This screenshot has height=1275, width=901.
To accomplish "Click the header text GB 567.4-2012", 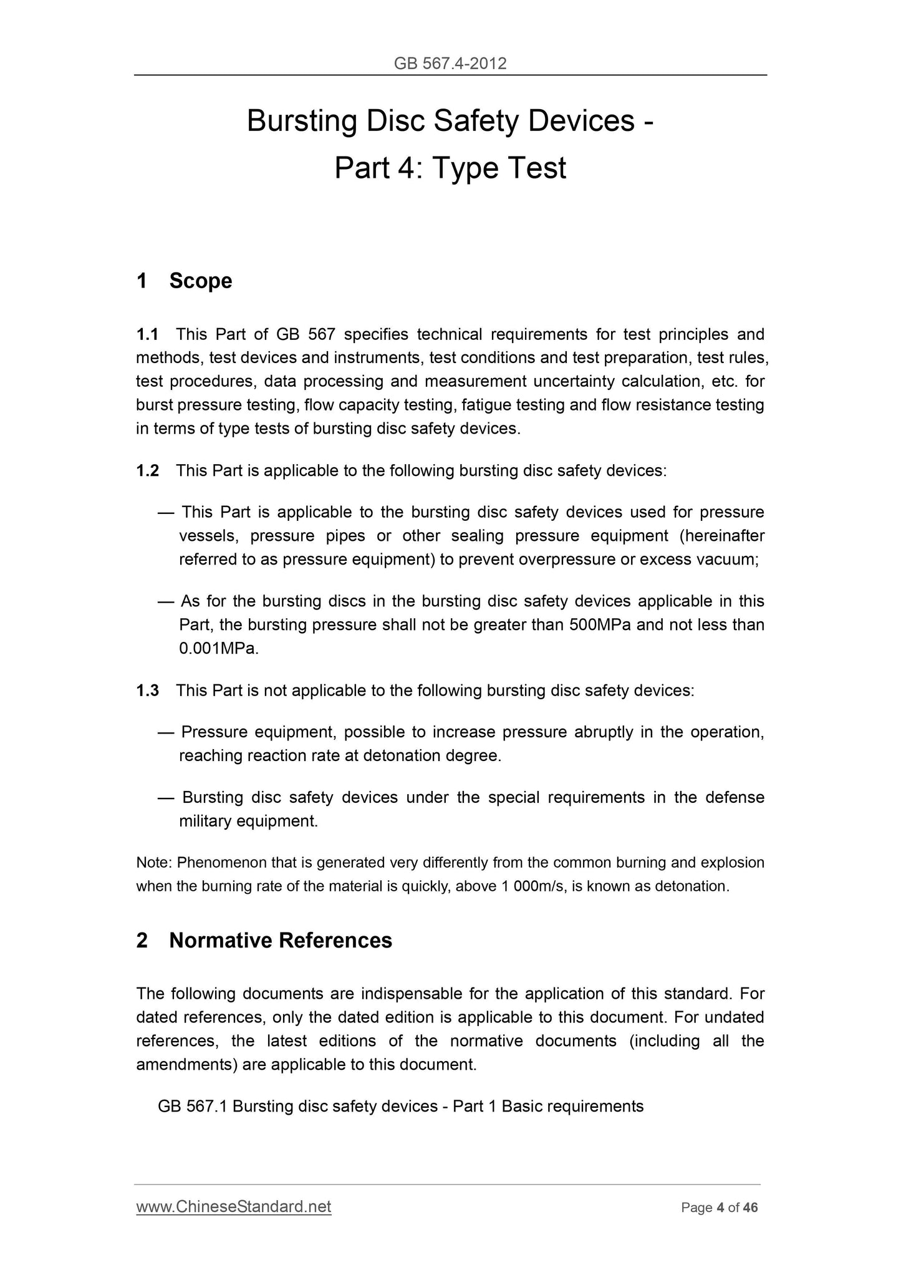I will click(450, 63).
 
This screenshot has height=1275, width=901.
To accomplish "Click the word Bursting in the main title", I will click(301, 121).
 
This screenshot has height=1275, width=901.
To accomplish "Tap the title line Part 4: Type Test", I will click(450, 168).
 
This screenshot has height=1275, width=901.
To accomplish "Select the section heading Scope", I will click(200, 281).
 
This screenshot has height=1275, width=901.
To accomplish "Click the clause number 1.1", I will click(148, 335).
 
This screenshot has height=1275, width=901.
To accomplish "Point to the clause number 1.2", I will click(148, 470).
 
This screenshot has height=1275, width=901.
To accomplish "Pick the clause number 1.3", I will click(148, 691).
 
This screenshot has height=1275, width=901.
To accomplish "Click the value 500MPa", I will click(600, 625).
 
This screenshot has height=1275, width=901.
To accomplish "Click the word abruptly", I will click(603, 732).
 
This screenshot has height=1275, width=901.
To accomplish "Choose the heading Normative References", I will click(280, 941).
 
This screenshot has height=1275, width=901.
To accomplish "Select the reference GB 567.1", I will click(193, 1107).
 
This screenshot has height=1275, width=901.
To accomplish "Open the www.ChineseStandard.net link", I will click(234, 1207).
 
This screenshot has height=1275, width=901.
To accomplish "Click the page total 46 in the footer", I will click(750, 1208).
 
